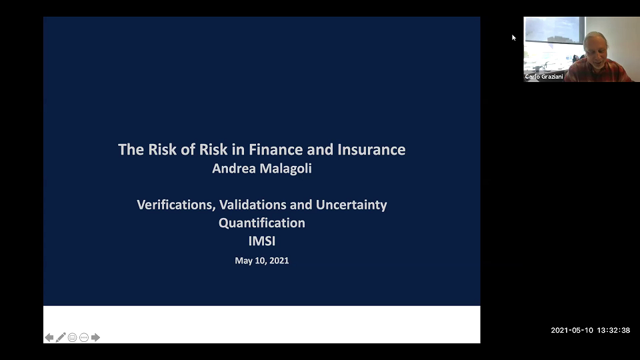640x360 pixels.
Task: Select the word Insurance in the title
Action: click(373, 149)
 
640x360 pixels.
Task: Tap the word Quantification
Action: click(262, 223)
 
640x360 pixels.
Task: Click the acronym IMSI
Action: click(262, 241)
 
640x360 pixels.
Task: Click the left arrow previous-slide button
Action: click(49, 337)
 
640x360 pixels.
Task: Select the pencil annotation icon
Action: click(61, 337)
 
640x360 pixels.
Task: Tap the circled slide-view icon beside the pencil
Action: click(72, 337)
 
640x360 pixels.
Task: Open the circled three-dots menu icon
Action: click(84, 337)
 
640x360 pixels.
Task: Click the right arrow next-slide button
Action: click(95, 337)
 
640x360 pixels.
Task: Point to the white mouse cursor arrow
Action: click(513, 37)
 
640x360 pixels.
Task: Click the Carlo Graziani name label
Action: click(544, 77)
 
